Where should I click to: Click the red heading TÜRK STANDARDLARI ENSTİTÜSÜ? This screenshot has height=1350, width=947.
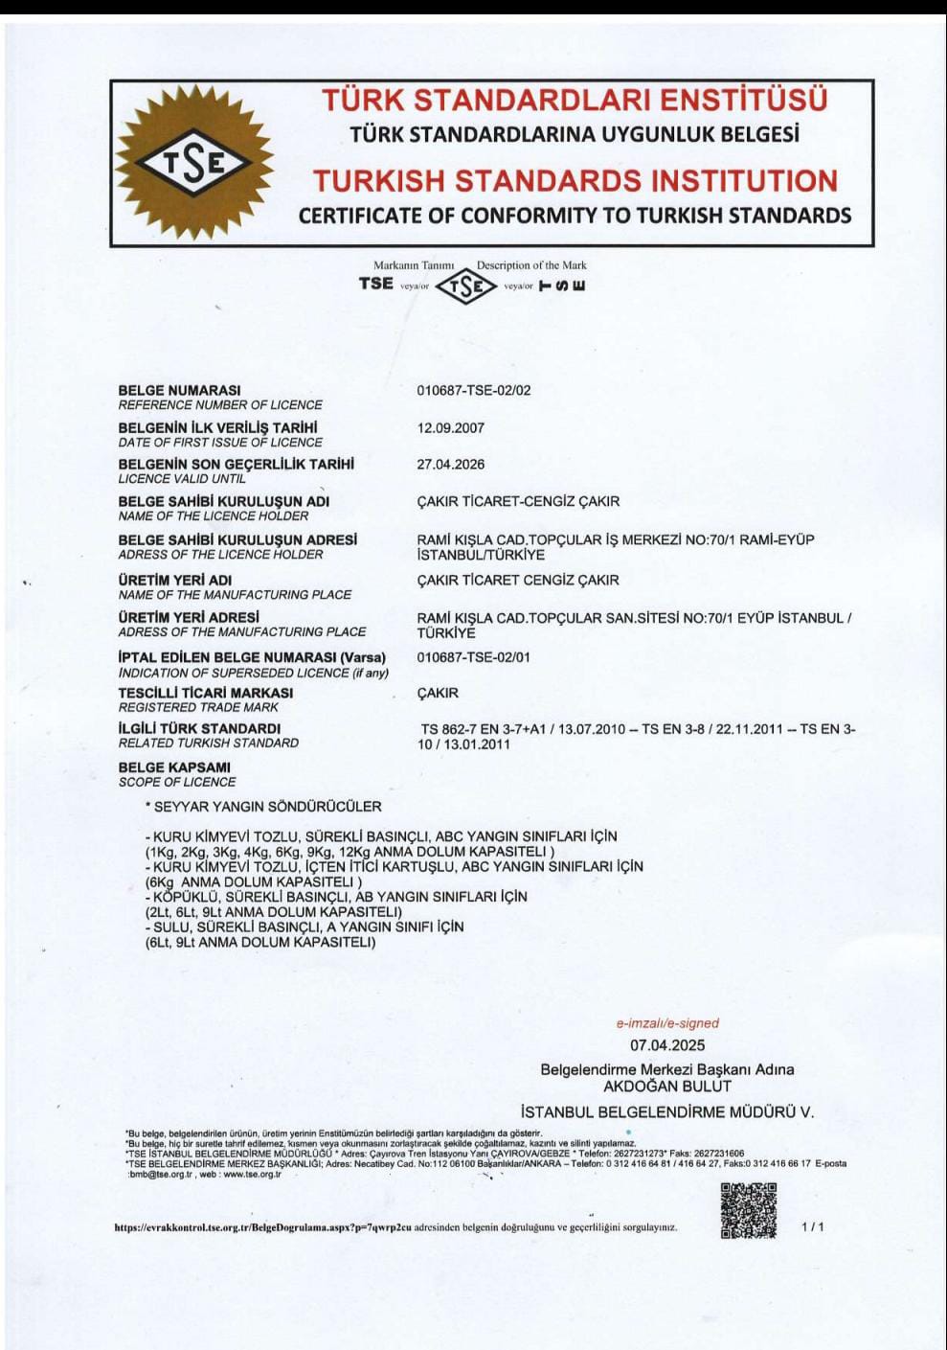point(575,100)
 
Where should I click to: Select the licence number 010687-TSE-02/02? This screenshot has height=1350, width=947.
point(473,390)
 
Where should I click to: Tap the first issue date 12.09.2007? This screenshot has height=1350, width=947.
point(450,427)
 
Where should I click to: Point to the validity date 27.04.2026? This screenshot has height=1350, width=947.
point(450,465)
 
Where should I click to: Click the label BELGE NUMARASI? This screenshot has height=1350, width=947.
point(179,390)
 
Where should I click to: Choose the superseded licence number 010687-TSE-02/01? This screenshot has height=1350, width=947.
point(473,657)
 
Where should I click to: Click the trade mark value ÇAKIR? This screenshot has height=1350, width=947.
point(438,693)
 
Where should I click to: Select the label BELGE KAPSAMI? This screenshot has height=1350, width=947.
point(174,767)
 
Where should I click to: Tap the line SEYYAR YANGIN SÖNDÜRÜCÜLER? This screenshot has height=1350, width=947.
point(266,807)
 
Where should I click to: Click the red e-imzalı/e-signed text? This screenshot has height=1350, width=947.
point(667,1023)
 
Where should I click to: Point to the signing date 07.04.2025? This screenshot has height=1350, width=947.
point(667,1045)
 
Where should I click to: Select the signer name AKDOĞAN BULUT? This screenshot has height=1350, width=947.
point(667,1087)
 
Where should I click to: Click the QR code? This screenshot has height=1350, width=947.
point(748,1210)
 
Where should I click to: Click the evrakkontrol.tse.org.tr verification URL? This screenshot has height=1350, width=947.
point(262,1226)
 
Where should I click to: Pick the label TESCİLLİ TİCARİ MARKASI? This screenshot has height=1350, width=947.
point(206,693)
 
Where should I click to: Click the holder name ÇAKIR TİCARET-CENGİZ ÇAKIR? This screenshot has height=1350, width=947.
point(518,501)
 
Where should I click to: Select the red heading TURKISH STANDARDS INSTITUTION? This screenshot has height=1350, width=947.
point(575,180)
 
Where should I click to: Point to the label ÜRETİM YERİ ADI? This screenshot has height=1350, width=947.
point(175,580)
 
